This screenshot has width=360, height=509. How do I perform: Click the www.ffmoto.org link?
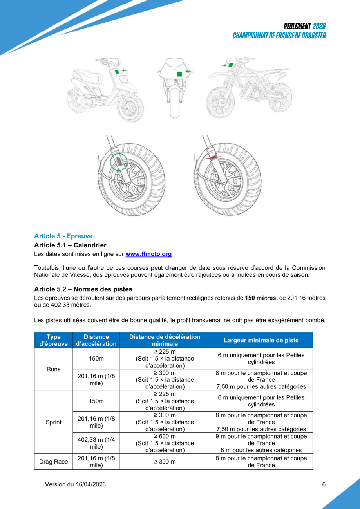pyautogui.click(x=148, y=254)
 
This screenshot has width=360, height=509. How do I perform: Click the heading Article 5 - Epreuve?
pyautogui.click(x=63, y=236)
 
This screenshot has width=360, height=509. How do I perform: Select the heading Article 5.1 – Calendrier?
pyautogui.click(x=70, y=245)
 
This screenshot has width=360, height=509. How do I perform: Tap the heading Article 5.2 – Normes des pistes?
pyautogui.click(x=83, y=289)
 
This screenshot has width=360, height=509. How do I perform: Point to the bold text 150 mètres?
pyautogui.click(x=261, y=298)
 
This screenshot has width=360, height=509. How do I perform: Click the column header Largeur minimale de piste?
pyautogui.click(x=261, y=340)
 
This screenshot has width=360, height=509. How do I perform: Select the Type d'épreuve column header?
pyautogui.click(x=53, y=340)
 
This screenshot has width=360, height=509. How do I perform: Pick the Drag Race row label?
pyautogui.click(x=53, y=462)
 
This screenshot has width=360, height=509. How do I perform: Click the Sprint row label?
pyautogui.click(x=53, y=422)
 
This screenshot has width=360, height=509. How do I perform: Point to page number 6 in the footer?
pyautogui.click(x=324, y=484)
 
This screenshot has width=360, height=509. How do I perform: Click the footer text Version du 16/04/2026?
pyautogui.click(x=75, y=484)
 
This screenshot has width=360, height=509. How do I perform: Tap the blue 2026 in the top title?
pyautogui.click(x=319, y=26)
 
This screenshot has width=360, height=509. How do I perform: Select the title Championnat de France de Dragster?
pyautogui.click(x=279, y=36)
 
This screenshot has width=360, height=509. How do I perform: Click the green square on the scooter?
pyautogui.click(x=117, y=72)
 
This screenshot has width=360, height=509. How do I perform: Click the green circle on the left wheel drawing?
pyautogui.click(x=119, y=161)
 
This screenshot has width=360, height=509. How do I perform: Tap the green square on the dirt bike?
pyautogui.click(x=231, y=65)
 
